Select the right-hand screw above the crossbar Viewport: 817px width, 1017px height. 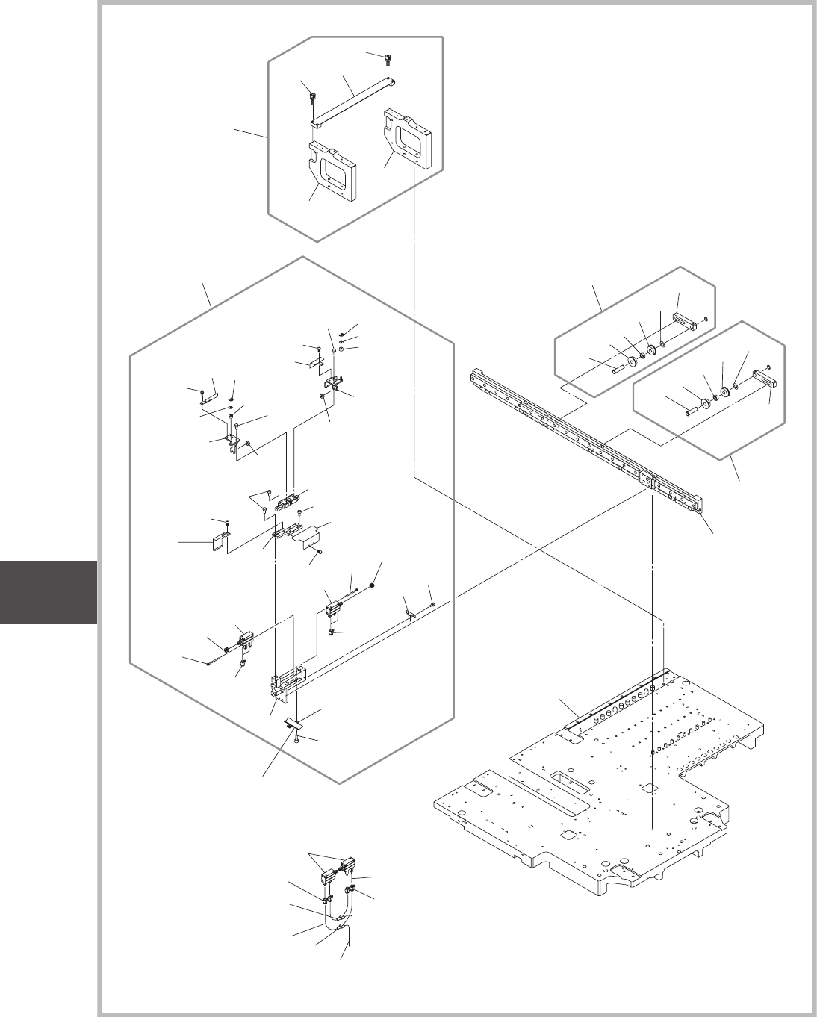pyautogui.click(x=389, y=59)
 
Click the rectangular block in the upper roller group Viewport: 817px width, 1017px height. pyautogui.click(x=685, y=322)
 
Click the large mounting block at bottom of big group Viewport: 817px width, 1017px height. pyautogui.click(x=285, y=682)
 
